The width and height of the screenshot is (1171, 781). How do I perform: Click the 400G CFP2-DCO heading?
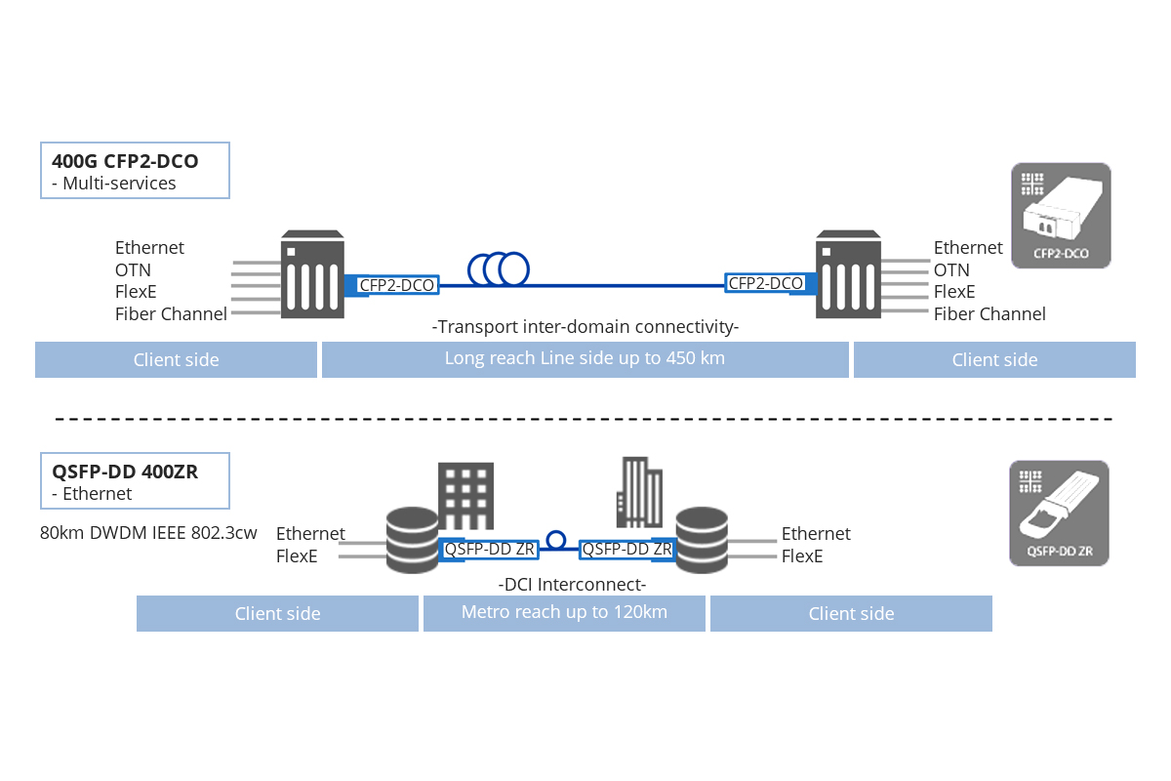124,161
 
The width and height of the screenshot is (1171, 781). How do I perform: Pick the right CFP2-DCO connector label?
766,283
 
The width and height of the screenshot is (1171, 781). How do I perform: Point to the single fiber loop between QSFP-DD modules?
556,539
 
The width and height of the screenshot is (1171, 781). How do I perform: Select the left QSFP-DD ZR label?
490,550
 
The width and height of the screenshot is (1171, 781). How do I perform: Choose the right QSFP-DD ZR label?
626,550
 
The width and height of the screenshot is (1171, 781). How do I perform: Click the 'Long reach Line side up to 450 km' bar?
585,358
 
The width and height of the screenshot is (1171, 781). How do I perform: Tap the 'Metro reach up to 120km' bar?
564,613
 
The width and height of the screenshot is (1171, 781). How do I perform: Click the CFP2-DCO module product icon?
1061,216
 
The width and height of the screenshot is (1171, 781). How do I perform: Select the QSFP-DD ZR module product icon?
1059,514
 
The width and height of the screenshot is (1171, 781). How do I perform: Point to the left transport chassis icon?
312,274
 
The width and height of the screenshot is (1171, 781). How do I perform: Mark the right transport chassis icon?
848,274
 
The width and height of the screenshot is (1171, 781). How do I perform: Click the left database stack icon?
412,541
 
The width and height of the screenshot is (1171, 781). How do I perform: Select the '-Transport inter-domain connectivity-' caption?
585,327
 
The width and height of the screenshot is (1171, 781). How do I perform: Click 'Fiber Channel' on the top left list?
171,313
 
